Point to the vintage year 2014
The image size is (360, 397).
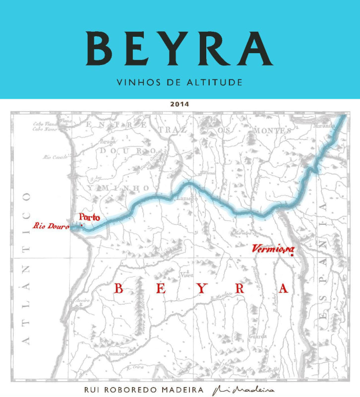click(180, 105)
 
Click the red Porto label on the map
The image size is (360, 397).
click(89, 217)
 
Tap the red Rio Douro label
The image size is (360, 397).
click(51, 226)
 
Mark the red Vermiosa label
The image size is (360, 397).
click(273, 248)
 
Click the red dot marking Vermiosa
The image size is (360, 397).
click(293, 255)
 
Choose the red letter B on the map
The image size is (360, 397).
click(119, 289)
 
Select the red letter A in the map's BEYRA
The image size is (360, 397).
click(283, 289)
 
